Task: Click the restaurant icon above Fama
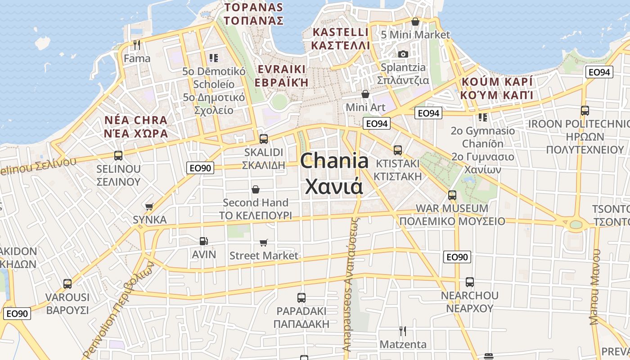click(x=137, y=45)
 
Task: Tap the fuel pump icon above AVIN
click(x=204, y=241)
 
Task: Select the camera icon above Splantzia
click(x=403, y=54)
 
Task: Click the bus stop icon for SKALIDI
click(x=264, y=139)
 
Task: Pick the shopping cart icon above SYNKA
click(x=149, y=207)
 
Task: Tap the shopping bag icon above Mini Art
click(x=365, y=94)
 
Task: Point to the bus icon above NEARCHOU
click(x=470, y=282)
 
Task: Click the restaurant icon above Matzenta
click(x=403, y=331)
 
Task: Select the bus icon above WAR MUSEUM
click(x=452, y=195)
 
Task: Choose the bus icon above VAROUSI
click(x=67, y=284)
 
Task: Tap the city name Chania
click(x=334, y=161)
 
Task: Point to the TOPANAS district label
click(x=254, y=8)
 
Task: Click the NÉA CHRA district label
click(x=136, y=121)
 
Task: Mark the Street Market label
click(x=264, y=256)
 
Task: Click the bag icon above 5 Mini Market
click(x=415, y=22)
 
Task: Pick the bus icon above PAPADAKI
click(x=301, y=298)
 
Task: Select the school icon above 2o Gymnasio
click(x=483, y=117)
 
